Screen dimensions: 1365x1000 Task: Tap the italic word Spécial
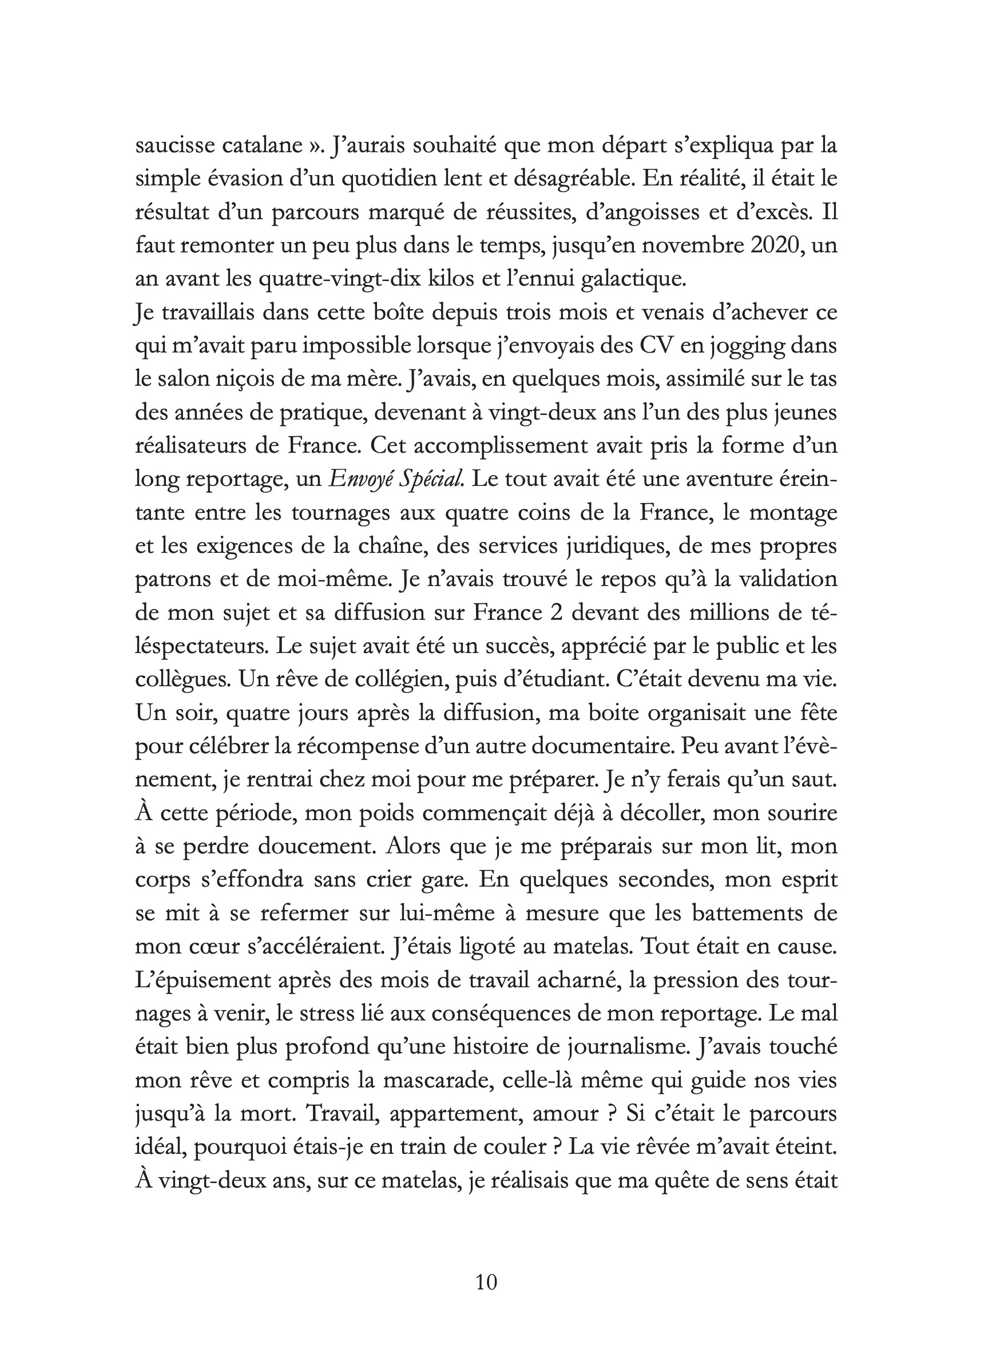(436, 480)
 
